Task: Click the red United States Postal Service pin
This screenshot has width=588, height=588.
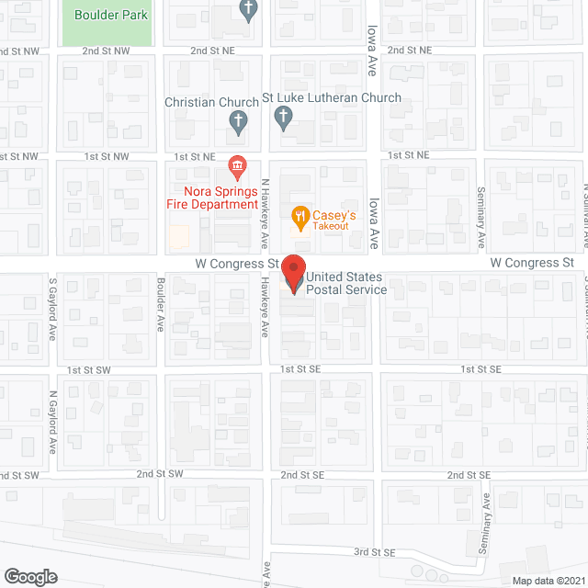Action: (x=293, y=273)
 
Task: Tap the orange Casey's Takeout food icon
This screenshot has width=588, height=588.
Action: (x=300, y=218)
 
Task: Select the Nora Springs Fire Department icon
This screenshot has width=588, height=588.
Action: (x=238, y=166)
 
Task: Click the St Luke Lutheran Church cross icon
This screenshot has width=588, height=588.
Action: (x=284, y=118)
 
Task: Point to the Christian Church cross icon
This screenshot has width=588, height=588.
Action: (x=238, y=119)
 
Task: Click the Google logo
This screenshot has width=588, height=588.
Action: (x=29, y=576)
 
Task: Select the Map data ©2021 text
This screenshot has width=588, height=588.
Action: (x=548, y=581)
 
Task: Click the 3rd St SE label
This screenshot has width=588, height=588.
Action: (x=375, y=552)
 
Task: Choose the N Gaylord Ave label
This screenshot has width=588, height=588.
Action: (x=53, y=421)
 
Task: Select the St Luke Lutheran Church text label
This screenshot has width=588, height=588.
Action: (x=332, y=97)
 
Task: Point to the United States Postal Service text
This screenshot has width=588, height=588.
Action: (x=346, y=283)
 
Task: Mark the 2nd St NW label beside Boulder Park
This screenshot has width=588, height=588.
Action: (x=106, y=51)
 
